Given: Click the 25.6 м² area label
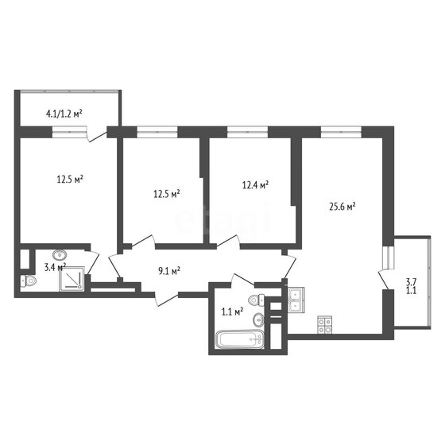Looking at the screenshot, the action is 342,207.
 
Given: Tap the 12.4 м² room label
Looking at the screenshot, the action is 255,185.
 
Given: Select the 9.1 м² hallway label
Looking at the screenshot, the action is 168,271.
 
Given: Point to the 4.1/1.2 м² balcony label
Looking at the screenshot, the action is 64,114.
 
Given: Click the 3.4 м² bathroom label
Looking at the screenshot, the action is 55,267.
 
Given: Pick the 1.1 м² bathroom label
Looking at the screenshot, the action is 232,311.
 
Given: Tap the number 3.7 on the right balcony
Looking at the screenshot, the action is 412,282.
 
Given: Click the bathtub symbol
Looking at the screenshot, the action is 240,339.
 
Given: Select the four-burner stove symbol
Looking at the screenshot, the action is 325,325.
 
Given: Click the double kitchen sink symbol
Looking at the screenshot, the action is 296,300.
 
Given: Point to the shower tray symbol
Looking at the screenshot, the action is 72,279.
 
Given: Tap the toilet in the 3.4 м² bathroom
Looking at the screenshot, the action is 29,281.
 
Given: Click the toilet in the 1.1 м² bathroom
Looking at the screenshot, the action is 257,300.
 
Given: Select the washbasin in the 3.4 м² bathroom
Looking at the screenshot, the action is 60,254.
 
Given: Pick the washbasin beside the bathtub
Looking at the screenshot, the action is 258,319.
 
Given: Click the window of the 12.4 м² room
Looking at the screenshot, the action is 247,132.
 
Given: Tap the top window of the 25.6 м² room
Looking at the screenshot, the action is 341,132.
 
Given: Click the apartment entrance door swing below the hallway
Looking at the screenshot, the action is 167,299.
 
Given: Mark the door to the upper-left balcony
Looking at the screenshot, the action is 97,135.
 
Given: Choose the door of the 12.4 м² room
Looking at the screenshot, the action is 229,242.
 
